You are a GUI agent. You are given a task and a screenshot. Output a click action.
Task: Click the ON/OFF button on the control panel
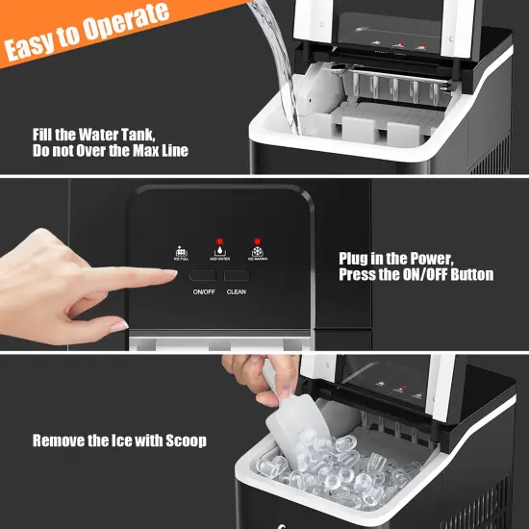pos(202,274)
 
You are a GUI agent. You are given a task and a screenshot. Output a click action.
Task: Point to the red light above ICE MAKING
pos(257,242)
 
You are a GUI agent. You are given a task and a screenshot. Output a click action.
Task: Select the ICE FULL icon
pos(179,253)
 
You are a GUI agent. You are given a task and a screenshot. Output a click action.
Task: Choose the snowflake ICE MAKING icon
pos(257,253)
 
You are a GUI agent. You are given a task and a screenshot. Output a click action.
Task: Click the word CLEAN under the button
pos(238,290)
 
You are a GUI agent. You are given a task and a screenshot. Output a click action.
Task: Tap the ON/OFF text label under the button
pos(202,290)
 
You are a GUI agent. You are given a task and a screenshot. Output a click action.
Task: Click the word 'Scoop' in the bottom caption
pos(183,441)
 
